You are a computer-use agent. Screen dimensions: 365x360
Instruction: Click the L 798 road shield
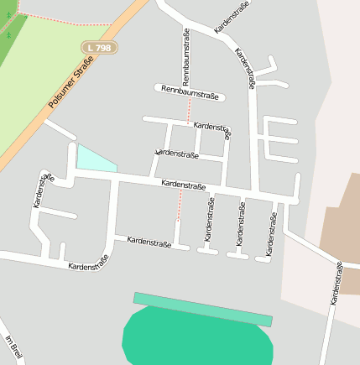pyautogui.click(x=100, y=49)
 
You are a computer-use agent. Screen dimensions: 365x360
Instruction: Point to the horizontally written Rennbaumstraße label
pyautogui.click(x=189, y=92)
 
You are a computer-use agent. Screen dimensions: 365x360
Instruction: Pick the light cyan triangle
pyautogui.click(x=92, y=159)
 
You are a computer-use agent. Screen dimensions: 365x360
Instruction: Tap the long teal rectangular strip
pyautogui.click(x=203, y=309)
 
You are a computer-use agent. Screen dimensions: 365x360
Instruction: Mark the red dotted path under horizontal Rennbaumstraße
pyautogui.click(x=188, y=112)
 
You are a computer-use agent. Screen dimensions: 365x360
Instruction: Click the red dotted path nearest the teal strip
pyautogui.click(x=179, y=205)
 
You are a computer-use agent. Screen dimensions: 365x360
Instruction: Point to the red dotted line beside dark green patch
pyautogui.click(x=50, y=16)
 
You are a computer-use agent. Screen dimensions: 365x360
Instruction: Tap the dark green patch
pyautogui.click(x=8, y=29)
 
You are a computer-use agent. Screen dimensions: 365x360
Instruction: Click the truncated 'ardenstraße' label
pyautogui.click(x=177, y=154)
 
